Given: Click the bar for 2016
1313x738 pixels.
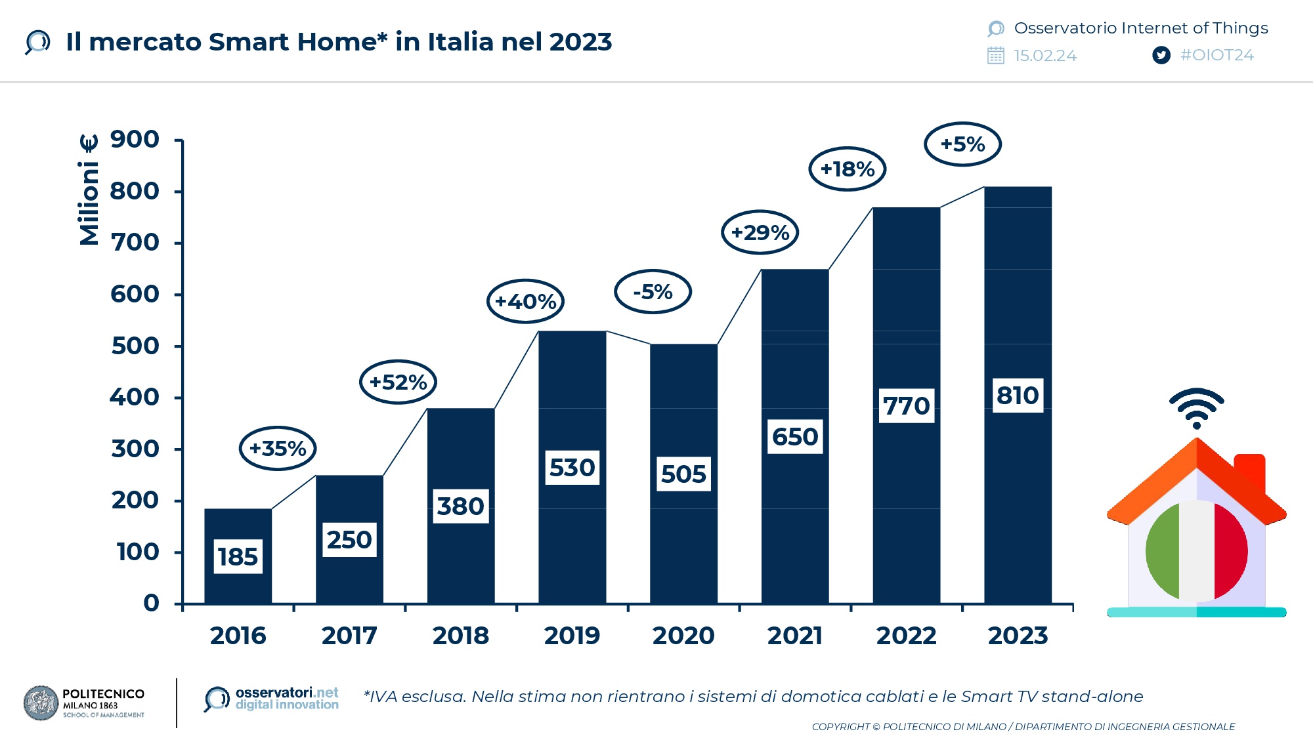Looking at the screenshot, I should pos(238,525).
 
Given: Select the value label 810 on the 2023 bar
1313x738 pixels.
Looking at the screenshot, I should pos(1018,396).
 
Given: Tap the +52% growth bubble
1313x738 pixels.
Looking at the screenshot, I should pos(398,382).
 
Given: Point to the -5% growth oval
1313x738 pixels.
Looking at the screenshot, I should pos(653,291).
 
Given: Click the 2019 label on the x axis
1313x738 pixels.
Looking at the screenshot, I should pos(572,636).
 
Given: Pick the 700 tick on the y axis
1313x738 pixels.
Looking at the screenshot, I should pos(135,243).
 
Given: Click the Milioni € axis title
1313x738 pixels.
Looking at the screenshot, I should pos(89,190).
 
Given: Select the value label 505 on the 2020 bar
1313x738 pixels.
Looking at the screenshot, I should pos(683,474).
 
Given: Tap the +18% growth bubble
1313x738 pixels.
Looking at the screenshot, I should pos(847,169).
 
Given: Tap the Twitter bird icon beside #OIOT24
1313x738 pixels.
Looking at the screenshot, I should pos(1161,55).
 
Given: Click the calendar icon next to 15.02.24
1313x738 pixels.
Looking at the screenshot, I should pos(995,55).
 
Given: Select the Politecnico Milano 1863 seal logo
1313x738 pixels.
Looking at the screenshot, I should pos(41,703).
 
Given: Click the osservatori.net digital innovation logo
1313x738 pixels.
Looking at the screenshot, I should pos(272,699).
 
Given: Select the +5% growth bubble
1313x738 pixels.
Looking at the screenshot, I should pos(962,144).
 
